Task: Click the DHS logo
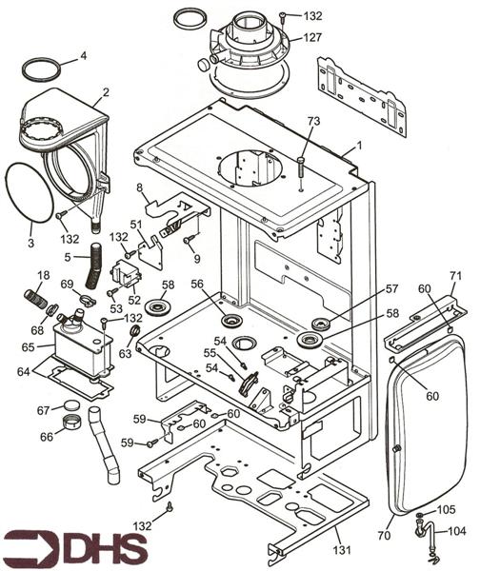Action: click(x=75, y=546)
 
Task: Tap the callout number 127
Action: click(x=312, y=37)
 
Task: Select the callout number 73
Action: click(x=313, y=121)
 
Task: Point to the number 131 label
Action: click(x=342, y=549)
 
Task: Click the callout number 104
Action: click(x=457, y=531)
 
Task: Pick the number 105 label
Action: click(x=446, y=510)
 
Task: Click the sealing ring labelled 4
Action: click(x=41, y=69)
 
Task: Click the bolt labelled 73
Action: click(x=301, y=167)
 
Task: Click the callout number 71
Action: click(x=455, y=276)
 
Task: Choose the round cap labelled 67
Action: click(x=71, y=405)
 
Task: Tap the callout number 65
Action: click(x=28, y=347)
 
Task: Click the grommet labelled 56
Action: click(x=231, y=322)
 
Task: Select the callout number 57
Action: click(x=391, y=289)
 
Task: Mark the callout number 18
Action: click(x=44, y=275)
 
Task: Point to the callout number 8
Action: click(x=139, y=187)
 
